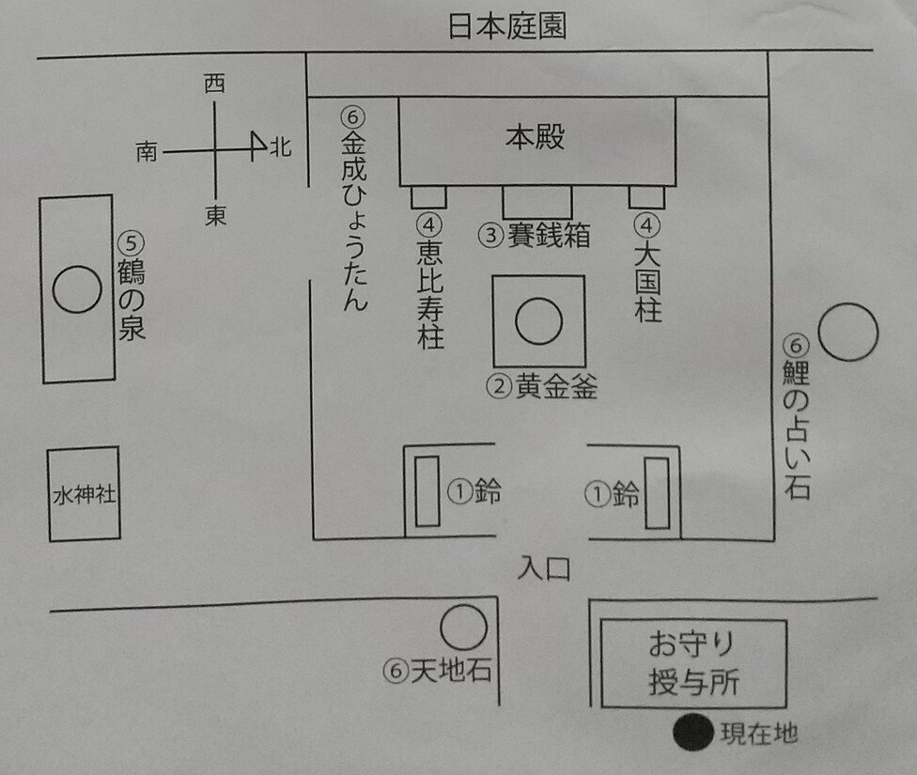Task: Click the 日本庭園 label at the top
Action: tap(506, 27)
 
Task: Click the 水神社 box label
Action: tap(84, 494)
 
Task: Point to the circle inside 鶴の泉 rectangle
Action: tap(77, 288)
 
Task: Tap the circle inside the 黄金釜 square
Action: tap(538, 321)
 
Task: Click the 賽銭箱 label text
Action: tap(549, 235)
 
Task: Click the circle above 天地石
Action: tap(463, 628)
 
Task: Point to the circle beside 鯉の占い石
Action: tap(847, 332)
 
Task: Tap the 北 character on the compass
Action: tap(280, 147)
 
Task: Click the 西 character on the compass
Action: tap(214, 85)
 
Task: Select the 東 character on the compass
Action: tap(216, 217)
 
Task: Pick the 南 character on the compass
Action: tap(147, 150)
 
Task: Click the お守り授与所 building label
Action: tap(692, 663)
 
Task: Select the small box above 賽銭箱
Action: tap(536, 202)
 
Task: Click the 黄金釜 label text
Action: tap(555, 386)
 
